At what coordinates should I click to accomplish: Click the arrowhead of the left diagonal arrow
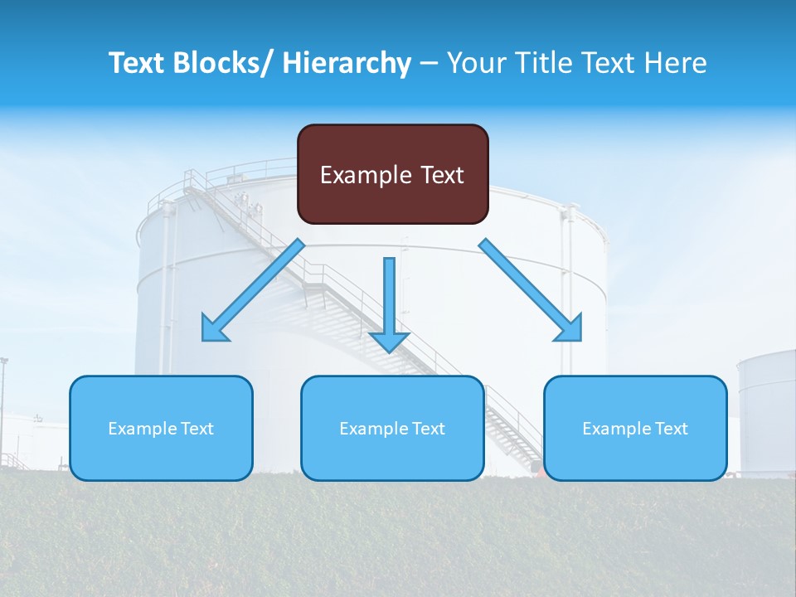pyautogui.click(x=214, y=330)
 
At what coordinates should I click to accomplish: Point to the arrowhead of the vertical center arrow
pyautogui.click(x=389, y=341)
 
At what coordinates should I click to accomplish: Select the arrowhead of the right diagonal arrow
pyautogui.click(x=569, y=329)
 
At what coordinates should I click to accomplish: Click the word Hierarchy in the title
pyautogui.click(x=347, y=63)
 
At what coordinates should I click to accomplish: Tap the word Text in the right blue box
pyautogui.click(x=670, y=429)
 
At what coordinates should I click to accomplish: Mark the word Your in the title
pyautogui.click(x=473, y=63)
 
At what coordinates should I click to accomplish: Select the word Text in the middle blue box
pyautogui.click(x=427, y=429)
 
